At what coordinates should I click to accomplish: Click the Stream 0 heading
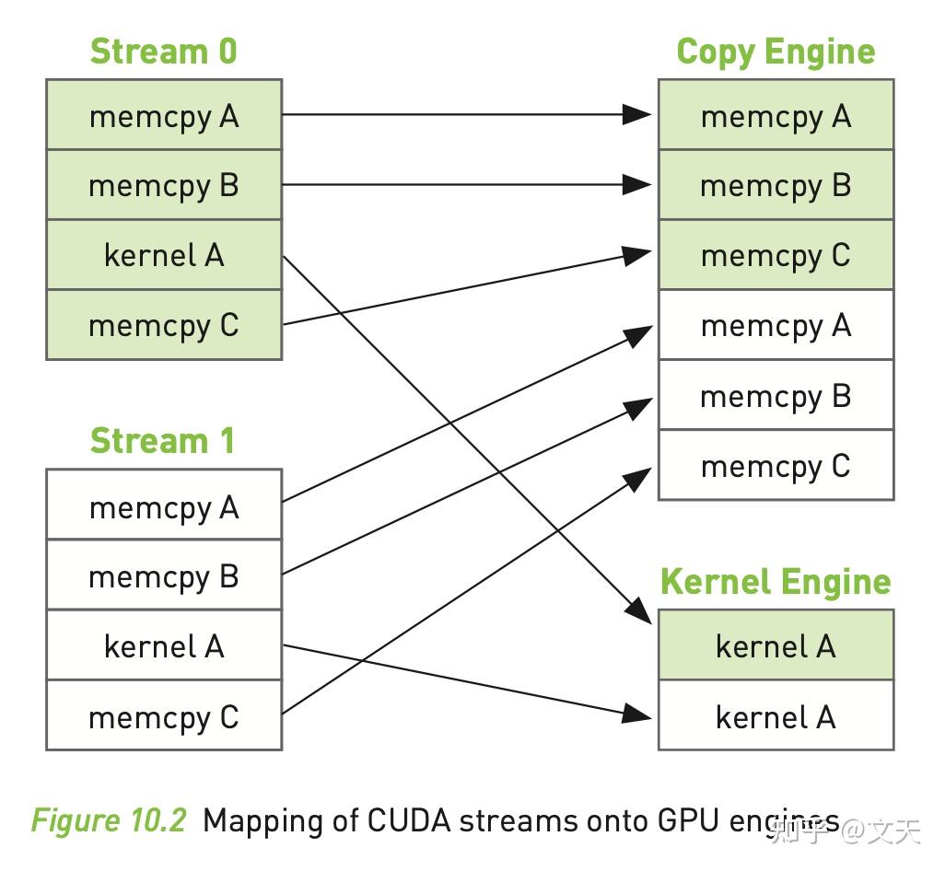coord(163,52)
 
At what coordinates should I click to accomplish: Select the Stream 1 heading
coord(163,442)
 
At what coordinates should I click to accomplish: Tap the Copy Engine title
coord(776,52)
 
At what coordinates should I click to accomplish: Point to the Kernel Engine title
coord(776,582)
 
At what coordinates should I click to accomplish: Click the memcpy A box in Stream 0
coord(164,116)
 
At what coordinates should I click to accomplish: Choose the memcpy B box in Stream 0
coord(164,186)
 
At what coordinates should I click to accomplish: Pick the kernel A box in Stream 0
coord(164,255)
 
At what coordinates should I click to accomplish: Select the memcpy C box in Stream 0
coord(164,325)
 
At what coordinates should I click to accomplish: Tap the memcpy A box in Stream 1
coord(164,506)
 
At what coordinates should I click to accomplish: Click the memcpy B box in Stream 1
coord(164,576)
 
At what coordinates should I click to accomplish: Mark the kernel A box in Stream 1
coord(164,646)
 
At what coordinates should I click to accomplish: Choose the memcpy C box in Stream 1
coord(164,716)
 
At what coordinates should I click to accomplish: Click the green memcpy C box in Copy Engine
coord(776,255)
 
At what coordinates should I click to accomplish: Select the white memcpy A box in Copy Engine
coord(776,325)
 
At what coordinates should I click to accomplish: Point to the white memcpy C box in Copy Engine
coord(776,466)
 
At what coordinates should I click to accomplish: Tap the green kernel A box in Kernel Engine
coord(776,646)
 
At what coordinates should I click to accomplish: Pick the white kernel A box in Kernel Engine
coord(776,716)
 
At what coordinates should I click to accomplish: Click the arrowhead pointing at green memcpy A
coord(637,114)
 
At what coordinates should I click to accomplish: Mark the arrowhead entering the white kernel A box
coord(637,713)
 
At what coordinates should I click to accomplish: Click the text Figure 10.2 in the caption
coord(109,820)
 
